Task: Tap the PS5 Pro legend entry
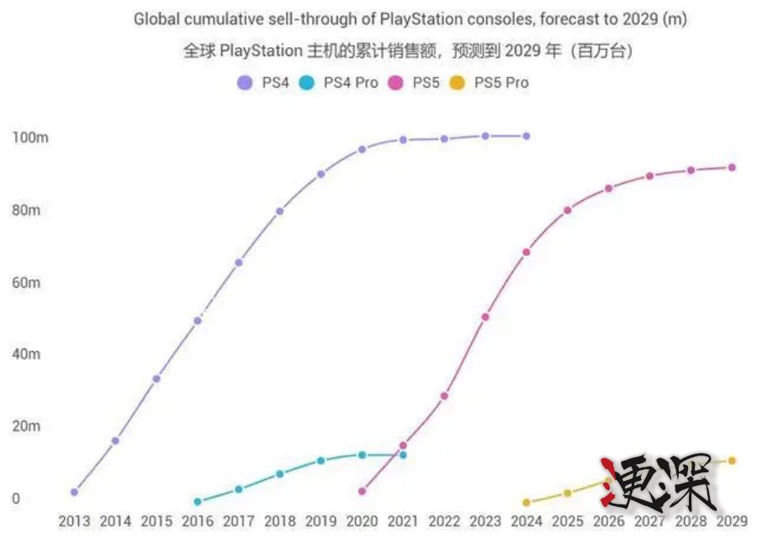(x=490, y=83)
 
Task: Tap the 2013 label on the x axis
(x=74, y=521)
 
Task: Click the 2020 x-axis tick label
(x=362, y=521)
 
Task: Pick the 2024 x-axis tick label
(x=527, y=521)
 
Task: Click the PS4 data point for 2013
(x=74, y=492)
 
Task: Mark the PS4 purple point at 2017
(x=239, y=263)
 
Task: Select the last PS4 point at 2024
(x=527, y=136)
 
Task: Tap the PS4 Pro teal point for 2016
(x=198, y=502)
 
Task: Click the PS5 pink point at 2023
(x=485, y=317)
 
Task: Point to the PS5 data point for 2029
(x=732, y=168)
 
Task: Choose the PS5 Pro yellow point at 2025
(x=568, y=493)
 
